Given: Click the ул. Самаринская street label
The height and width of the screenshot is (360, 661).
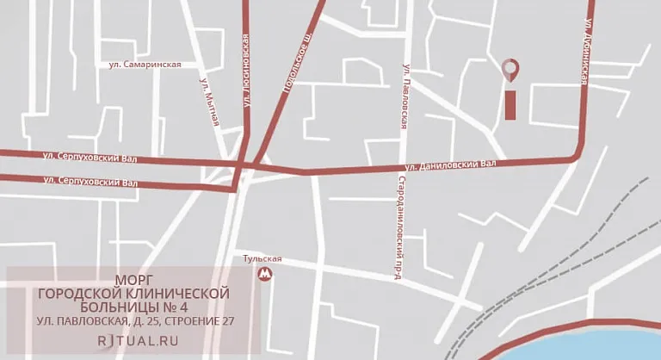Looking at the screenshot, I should pyautogui.click(x=145, y=65).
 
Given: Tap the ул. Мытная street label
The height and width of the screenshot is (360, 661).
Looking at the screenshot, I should pyautogui.click(x=209, y=102).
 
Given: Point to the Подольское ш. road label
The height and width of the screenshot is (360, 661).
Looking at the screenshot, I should pyautogui.click(x=296, y=64).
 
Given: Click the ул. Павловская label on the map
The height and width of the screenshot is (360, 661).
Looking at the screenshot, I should pyautogui.click(x=404, y=94).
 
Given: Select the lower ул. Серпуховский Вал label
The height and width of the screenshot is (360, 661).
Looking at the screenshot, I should pyautogui.click(x=90, y=182).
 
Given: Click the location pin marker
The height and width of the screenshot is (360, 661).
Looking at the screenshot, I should pyautogui.click(x=510, y=68).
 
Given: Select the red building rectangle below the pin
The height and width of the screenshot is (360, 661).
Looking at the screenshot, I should pyautogui.click(x=510, y=106).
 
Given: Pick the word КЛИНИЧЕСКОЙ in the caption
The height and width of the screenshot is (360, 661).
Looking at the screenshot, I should pyautogui.click(x=181, y=294).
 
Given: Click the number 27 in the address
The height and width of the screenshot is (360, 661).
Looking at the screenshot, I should pyautogui.click(x=225, y=321).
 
